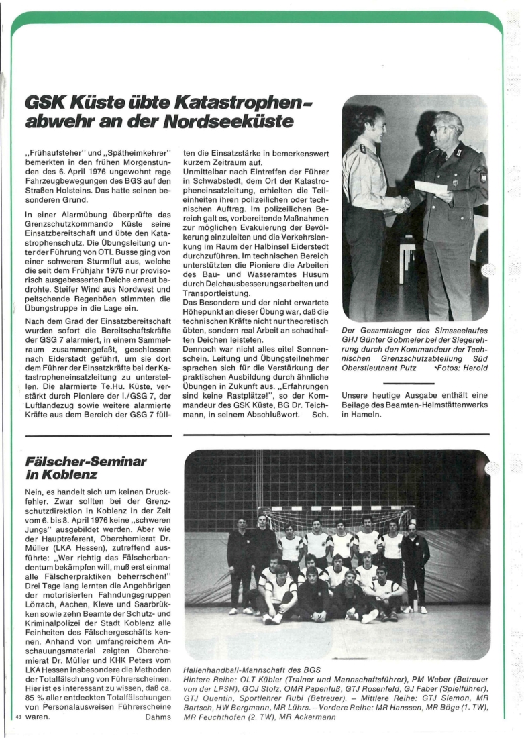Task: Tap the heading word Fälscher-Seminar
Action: tap(85, 462)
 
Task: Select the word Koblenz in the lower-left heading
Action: tap(73, 474)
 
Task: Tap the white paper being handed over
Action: tap(431, 187)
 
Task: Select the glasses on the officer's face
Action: tap(442, 127)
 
